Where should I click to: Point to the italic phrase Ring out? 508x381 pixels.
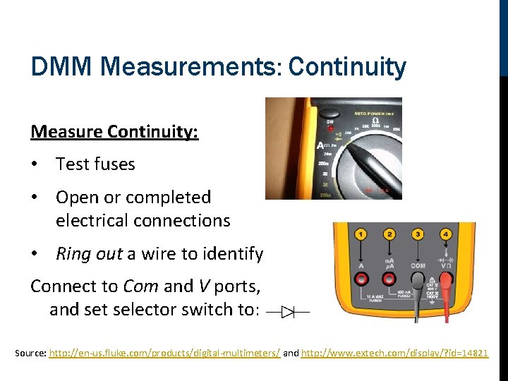89,253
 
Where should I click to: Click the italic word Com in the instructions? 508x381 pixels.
140,286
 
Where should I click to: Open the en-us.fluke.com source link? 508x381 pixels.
164,351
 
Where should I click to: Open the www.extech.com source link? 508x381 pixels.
394,351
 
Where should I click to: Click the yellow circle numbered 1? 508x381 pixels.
361,234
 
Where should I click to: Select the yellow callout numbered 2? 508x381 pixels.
389,234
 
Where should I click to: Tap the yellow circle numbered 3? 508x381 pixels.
418,234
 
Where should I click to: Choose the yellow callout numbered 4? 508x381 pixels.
446,234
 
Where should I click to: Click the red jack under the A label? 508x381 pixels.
361,279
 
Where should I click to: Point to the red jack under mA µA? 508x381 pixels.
389,279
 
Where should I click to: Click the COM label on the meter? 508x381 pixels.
418,266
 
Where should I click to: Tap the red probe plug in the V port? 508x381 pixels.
447,281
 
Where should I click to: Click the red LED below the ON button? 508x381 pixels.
329,130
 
